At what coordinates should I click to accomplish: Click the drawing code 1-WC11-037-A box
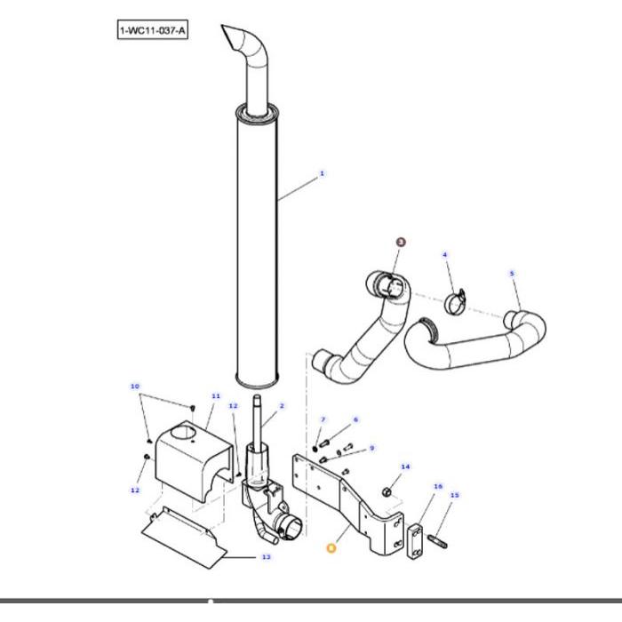(153, 32)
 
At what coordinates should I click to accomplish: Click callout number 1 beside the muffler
(322, 173)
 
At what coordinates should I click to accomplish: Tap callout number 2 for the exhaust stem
(282, 406)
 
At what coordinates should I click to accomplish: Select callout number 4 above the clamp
(445, 255)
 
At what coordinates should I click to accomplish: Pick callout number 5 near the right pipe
(512, 274)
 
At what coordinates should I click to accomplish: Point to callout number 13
(266, 557)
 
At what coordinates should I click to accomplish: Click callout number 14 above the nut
(405, 466)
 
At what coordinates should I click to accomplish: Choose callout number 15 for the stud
(455, 495)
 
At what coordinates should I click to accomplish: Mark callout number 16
(437, 486)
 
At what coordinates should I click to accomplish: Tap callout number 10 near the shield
(134, 387)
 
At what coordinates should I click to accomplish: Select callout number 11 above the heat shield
(215, 395)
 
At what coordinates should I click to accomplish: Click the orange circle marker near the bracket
(331, 549)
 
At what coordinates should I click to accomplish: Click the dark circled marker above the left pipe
(400, 242)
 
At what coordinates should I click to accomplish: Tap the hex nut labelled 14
(387, 491)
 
